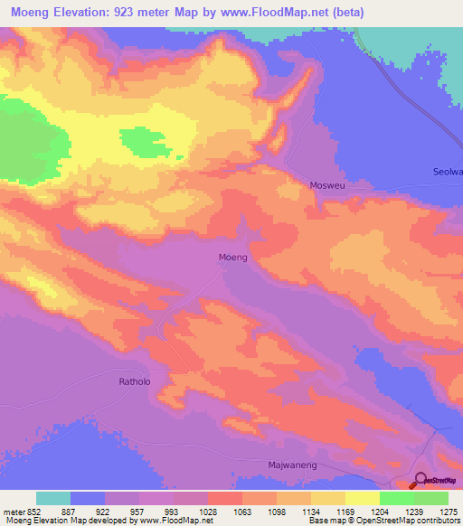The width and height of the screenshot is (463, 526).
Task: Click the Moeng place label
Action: (233, 257)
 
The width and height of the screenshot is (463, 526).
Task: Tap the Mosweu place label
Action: (328, 184)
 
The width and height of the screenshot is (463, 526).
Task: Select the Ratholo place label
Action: (138, 381)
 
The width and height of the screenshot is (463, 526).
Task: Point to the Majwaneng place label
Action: (292, 464)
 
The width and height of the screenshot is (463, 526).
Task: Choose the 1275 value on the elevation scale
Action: (449, 511)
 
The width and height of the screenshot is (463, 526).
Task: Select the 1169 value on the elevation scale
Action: (345, 511)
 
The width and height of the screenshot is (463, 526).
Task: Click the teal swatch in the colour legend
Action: (53, 498)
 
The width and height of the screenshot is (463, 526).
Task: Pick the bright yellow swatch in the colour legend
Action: (362, 498)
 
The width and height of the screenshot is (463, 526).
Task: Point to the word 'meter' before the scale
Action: (14, 511)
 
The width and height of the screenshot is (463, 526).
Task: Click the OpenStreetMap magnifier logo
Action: (421, 481)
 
